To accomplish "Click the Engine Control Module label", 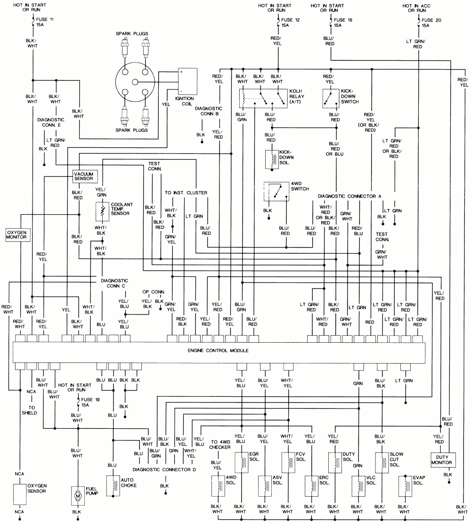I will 218,351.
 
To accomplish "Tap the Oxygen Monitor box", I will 18,235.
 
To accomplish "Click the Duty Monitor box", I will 444,459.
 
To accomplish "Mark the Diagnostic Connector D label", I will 163,469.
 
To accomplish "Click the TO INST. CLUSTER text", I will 186,193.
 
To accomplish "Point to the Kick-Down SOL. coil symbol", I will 272,159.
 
